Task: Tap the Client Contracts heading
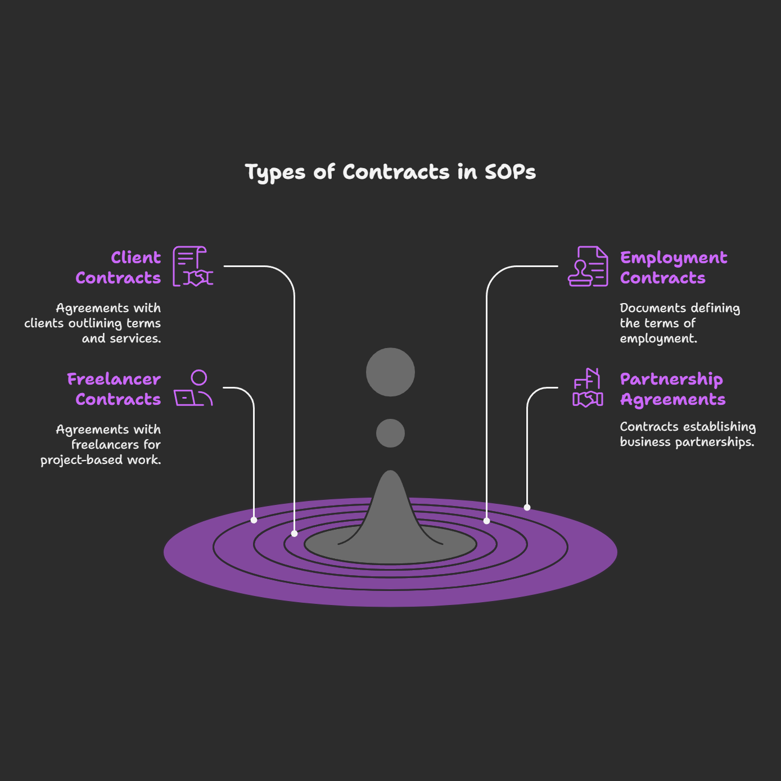point(119,268)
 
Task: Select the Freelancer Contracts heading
point(114,389)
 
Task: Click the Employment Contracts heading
point(673,268)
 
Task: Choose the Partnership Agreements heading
point(672,389)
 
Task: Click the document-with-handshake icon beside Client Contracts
point(193,267)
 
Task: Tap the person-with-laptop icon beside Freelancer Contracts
point(193,388)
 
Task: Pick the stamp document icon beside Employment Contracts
point(588,267)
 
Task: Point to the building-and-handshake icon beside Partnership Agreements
point(588,388)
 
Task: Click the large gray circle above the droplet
point(390,372)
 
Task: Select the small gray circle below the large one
point(390,434)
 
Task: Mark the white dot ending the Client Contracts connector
point(294,533)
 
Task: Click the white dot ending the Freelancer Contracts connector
point(254,520)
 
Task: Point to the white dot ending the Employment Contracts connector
point(486,521)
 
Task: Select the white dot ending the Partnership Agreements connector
point(527,507)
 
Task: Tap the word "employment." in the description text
point(658,338)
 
